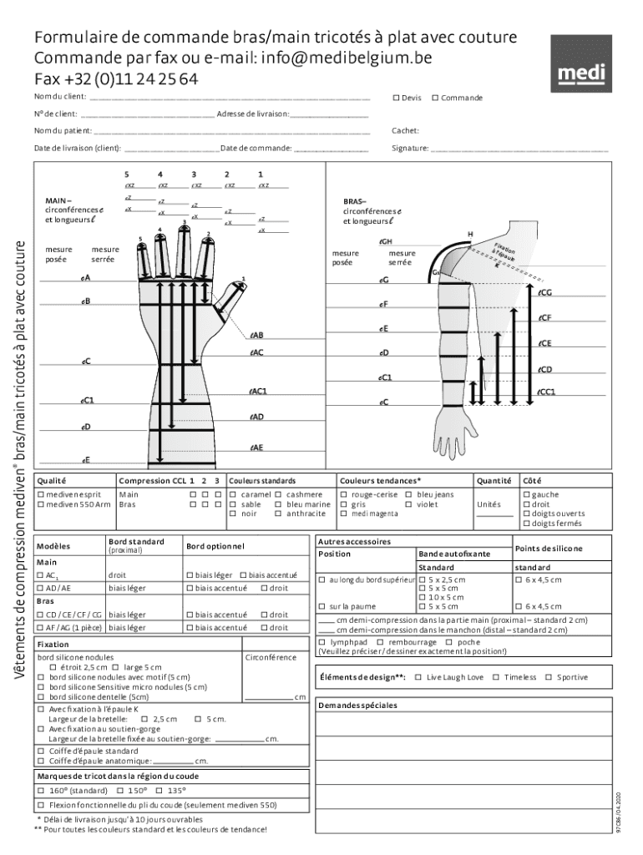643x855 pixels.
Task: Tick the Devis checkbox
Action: click(396, 99)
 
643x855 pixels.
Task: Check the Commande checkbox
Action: click(435, 99)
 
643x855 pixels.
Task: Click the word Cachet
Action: click(405, 130)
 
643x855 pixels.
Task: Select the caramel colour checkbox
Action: click(233, 494)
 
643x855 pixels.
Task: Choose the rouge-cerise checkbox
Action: click(343, 494)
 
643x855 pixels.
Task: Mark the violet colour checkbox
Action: click(409, 504)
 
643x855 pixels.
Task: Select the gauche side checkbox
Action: click(526, 494)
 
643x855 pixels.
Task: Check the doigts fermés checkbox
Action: click(526, 524)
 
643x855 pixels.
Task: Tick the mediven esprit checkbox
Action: click(40, 494)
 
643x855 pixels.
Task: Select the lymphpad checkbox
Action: click(323, 642)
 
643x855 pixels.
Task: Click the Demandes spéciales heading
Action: click(357, 705)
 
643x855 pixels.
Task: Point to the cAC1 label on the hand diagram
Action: click(258, 391)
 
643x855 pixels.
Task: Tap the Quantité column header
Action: click(494, 481)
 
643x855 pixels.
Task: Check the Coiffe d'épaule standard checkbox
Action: click(41, 751)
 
